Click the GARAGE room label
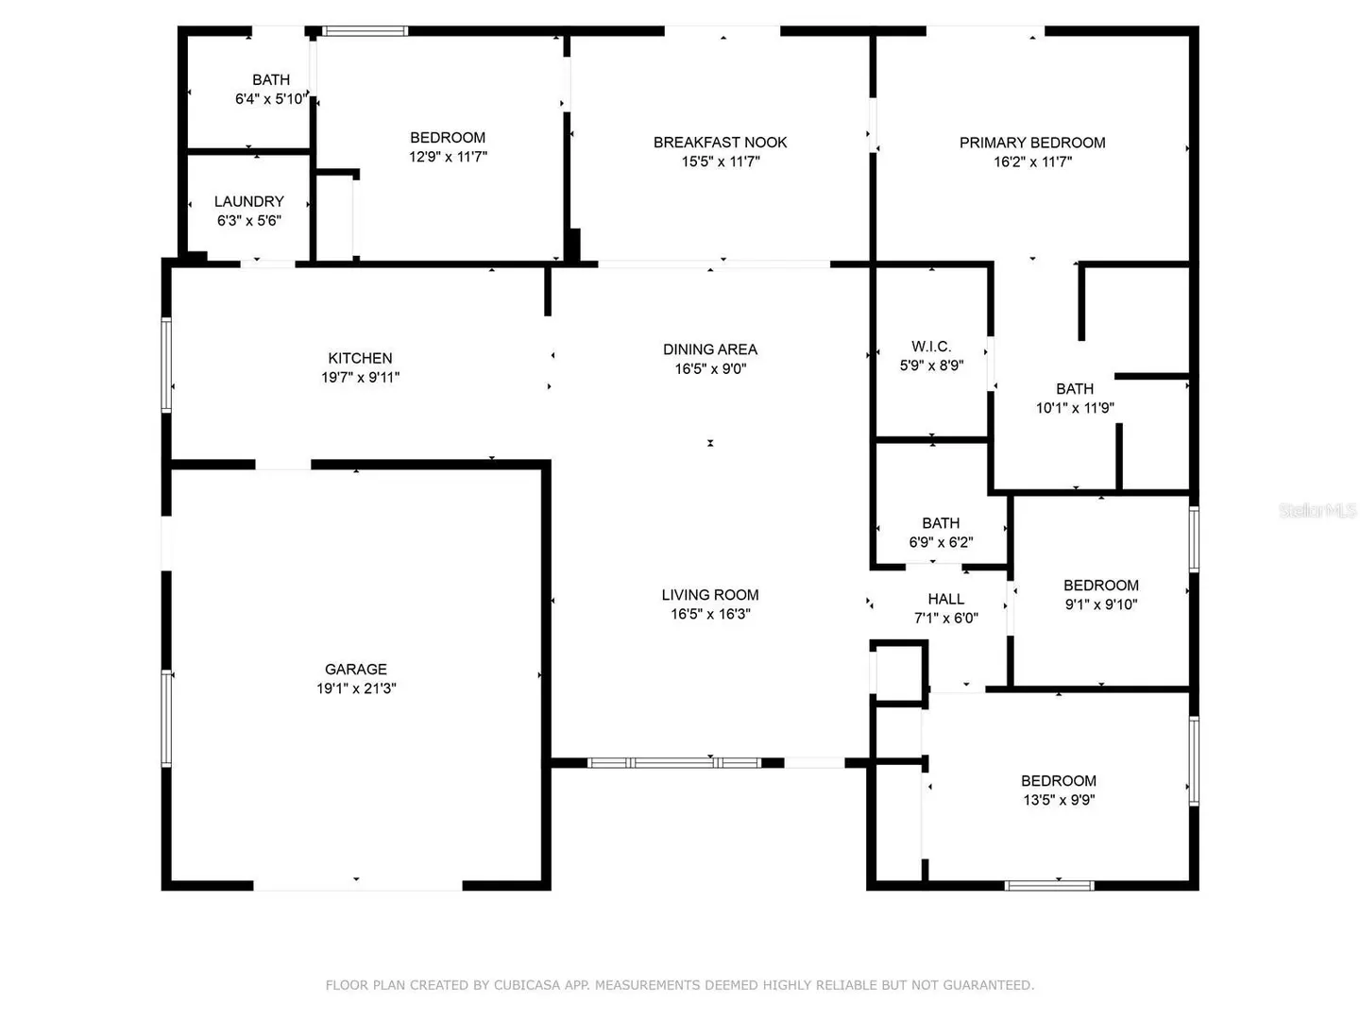[356, 669]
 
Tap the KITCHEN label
[360, 358]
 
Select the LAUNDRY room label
[249, 201]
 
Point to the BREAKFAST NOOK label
[720, 143]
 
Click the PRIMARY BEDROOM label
[1032, 143]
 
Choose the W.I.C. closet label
[931, 347]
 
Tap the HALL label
[946, 599]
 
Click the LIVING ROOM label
[710, 595]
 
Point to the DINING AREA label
[710, 349]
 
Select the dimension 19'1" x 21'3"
[356, 688]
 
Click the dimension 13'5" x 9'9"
[1059, 800]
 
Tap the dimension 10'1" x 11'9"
[1075, 407]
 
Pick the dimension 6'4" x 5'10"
[271, 98]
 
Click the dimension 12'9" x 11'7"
[448, 157]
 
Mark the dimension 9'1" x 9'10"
[1101, 603]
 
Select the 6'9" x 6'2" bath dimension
[941, 542]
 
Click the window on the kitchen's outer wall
[166, 365]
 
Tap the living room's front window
[674, 762]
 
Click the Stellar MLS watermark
[1317, 510]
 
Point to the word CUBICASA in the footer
[527, 985]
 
